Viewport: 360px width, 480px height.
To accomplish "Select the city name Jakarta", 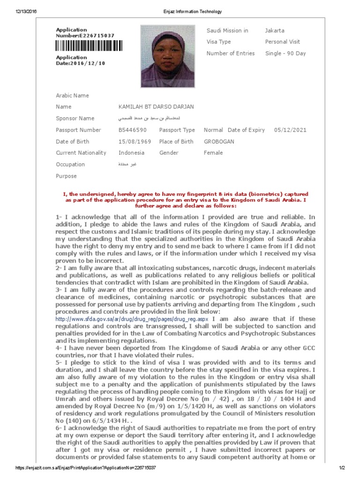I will pos(275,30).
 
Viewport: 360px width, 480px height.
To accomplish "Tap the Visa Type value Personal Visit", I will pos(282,42).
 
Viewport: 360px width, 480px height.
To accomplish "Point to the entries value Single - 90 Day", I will pos(285,53).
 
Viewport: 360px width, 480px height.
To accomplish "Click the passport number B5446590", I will pos(133,130).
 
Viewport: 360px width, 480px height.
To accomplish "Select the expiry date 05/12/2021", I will pos(290,130).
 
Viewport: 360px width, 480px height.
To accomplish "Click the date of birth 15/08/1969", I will pos(134,142).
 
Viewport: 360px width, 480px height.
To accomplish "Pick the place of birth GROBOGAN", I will pos(219,142).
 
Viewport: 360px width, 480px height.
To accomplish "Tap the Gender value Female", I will pos(213,153).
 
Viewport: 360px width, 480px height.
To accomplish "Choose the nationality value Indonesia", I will pos(132,153).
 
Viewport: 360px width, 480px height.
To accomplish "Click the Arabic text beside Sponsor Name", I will pos(144,119).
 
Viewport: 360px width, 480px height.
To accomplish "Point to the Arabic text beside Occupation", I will pos(127,165).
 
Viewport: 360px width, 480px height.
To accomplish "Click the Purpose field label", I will pos(66,176).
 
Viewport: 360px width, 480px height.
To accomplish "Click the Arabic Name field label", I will pos(72,96).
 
